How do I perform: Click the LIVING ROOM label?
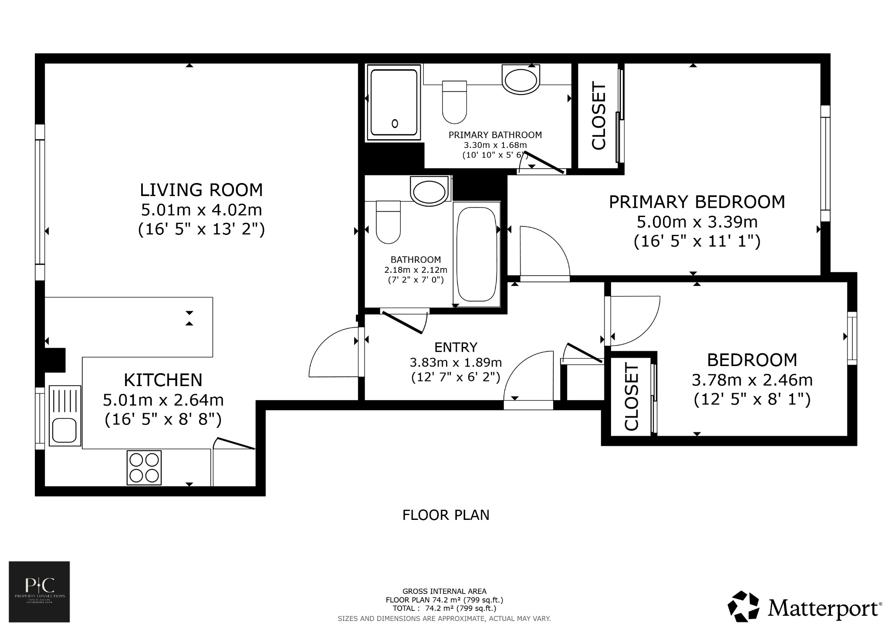(x=201, y=190)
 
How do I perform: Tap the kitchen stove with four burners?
(x=144, y=468)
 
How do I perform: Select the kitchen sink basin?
(x=64, y=430)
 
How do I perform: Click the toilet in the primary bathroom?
(x=454, y=102)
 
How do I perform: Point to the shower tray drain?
(x=395, y=123)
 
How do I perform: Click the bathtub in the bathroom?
(x=476, y=254)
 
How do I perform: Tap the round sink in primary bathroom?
(x=520, y=80)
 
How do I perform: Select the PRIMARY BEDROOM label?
(x=696, y=202)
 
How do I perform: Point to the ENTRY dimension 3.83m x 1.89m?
(x=456, y=363)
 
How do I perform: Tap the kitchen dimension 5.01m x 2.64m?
(x=163, y=400)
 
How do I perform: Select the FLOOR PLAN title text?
(x=446, y=515)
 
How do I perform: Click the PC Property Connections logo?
(x=39, y=591)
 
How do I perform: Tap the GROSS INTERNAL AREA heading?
(x=444, y=591)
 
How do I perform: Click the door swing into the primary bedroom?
(x=544, y=253)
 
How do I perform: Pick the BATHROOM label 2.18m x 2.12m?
(x=416, y=260)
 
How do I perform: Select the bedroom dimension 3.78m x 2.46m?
(x=752, y=380)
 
